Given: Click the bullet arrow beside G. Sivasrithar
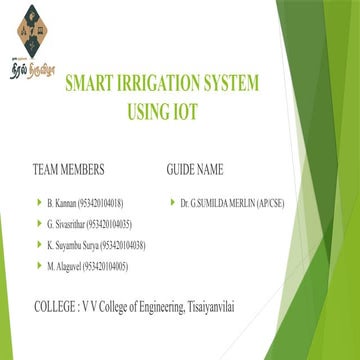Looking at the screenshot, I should pyautogui.click(x=38, y=224).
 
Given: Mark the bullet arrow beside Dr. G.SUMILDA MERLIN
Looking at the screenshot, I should pyautogui.click(x=172, y=203).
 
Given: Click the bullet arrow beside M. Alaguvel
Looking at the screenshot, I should pyautogui.click(x=38, y=266).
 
